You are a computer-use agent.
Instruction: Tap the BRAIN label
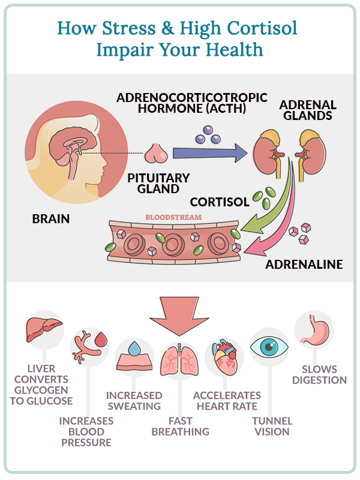(51, 219)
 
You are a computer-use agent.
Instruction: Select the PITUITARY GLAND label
(158, 183)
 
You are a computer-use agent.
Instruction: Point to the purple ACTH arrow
(210, 153)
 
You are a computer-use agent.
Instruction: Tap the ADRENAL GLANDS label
(308, 110)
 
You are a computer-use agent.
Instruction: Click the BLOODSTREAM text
(173, 217)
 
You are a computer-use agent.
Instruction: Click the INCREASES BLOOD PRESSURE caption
(86, 431)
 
